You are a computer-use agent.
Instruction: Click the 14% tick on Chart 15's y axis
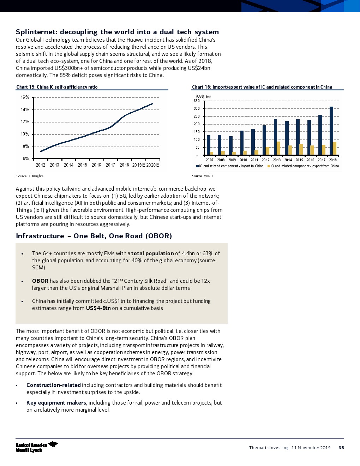pyautogui.click(x=25, y=110)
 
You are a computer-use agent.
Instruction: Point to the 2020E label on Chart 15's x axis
pyautogui.click(x=152, y=165)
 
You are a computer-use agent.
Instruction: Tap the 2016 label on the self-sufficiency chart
pyautogui.click(x=96, y=165)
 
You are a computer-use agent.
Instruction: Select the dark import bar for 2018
pyautogui.click(x=331, y=131)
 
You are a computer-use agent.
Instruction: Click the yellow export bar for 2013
pyautogui.click(x=278, y=148)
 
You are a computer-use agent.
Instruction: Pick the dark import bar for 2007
pyautogui.click(x=209, y=145)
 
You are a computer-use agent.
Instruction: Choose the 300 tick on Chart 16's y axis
pyautogui.click(x=197, y=109)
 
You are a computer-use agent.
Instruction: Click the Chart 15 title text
pyautogui.click(x=57, y=87)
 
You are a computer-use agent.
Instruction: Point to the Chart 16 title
pyautogui.click(x=262, y=87)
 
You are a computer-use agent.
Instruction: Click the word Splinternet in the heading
pyautogui.click(x=36, y=32)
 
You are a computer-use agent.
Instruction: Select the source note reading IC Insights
pyautogui.click(x=30, y=176)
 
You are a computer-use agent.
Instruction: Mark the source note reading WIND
pyautogui.click(x=202, y=176)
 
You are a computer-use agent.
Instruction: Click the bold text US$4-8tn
pyautogui.click(x=98, y=308)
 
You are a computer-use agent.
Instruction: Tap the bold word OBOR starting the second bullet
pyautogui.click(x=40, y=281)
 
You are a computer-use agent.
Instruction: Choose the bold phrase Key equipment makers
pyautogui.click(x=56, y=403)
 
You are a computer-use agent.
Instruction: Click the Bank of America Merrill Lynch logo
pyautogui.click(x=37, y=447)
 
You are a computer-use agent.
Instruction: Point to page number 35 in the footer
pyautogui.click(x=341, y=448)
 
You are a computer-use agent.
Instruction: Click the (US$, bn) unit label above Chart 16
pyautogui.click(x=203, y=97)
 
